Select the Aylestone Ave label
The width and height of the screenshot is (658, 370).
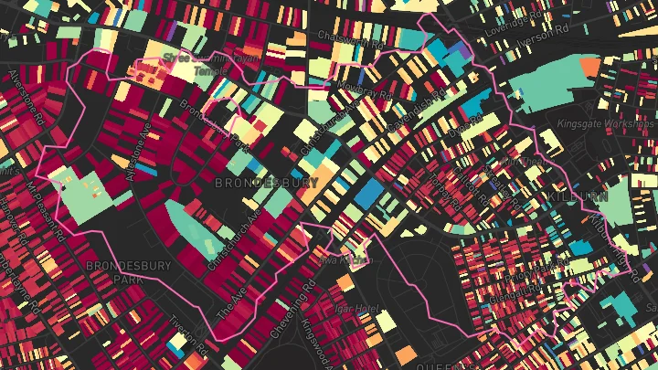click(143, 147)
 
